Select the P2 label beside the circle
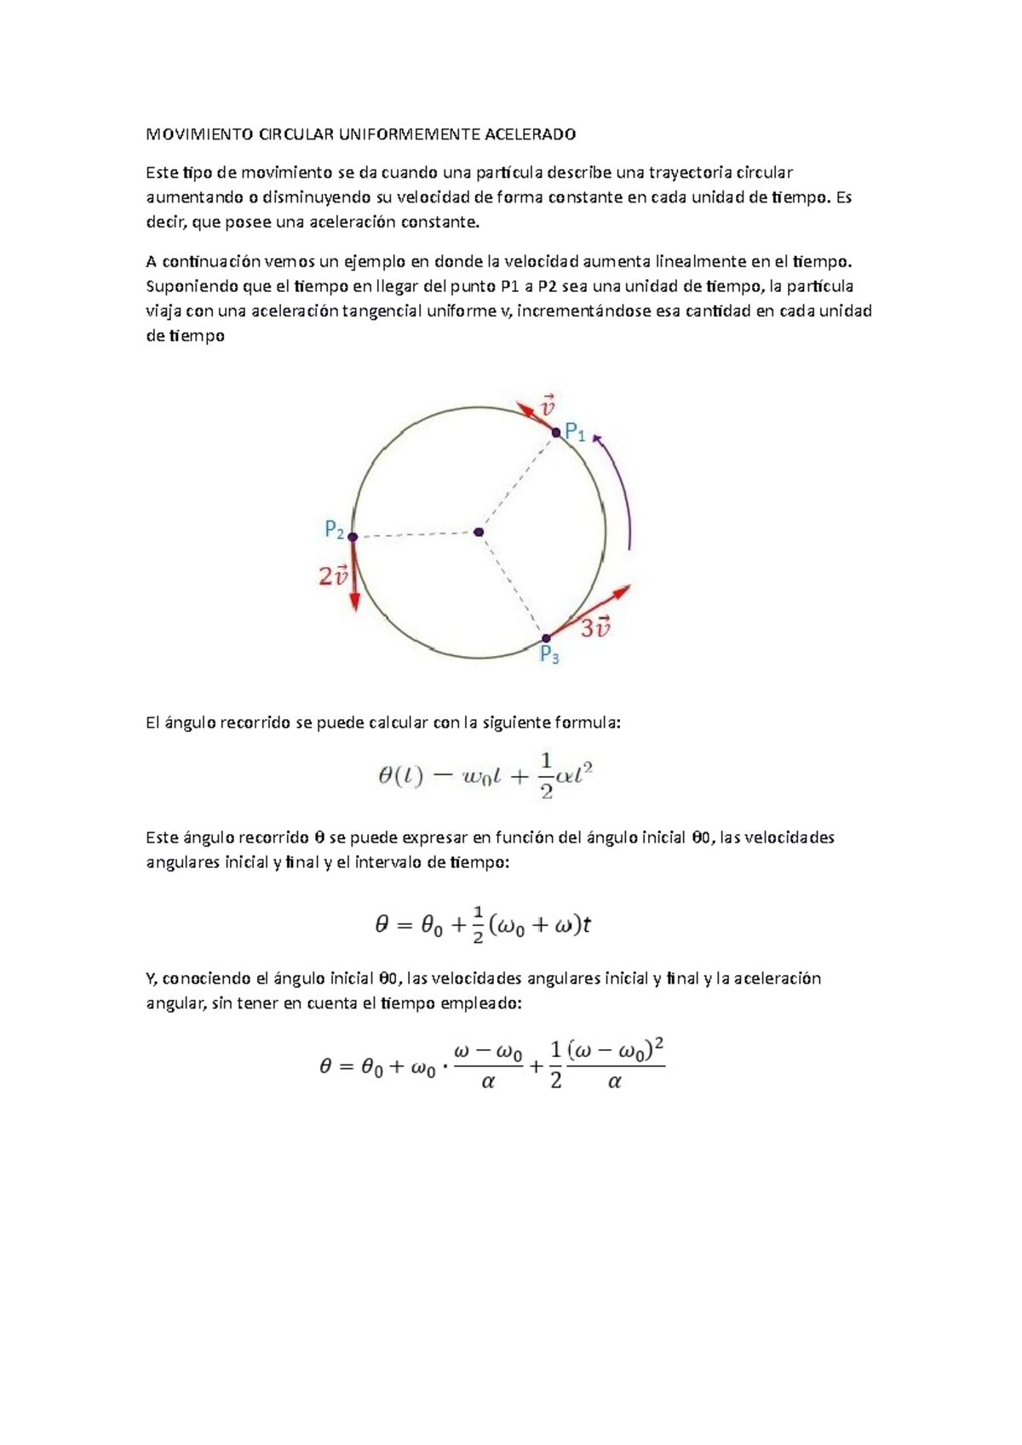pos(335,530)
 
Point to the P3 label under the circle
pos(550,656)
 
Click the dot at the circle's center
pos(479,532)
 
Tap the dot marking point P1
pos(556,432)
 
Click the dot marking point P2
pos(353,537)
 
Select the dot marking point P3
pos(546,638)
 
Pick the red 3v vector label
pos(596,629)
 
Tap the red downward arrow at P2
pos(354,579)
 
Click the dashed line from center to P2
pos(416,534)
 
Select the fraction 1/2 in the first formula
pos(546,775)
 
